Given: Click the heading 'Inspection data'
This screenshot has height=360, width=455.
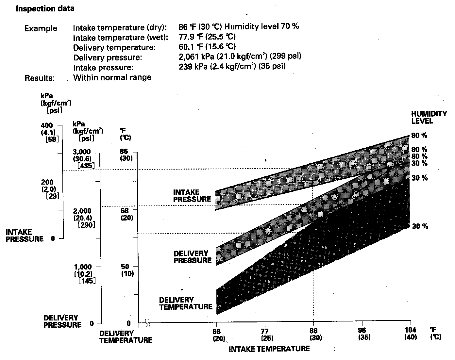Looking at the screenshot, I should pos(45,9).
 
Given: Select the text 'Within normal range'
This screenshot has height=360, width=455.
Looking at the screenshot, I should pos(112,78).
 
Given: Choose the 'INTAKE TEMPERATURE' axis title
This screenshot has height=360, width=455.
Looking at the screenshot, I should pos(269,349).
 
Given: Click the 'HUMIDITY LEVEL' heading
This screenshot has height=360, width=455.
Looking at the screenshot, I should pos(429,117).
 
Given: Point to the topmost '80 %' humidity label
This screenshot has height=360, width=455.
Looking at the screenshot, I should pos(419,136).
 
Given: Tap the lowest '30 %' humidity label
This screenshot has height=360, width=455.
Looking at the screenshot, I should pos(420,226).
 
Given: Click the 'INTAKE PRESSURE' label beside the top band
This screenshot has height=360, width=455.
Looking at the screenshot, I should pos(192,196).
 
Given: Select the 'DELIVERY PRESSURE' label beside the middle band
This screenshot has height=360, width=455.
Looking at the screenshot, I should pos(193,257).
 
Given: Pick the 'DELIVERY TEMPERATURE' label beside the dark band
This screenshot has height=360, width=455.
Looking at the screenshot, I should pos(186,303).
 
